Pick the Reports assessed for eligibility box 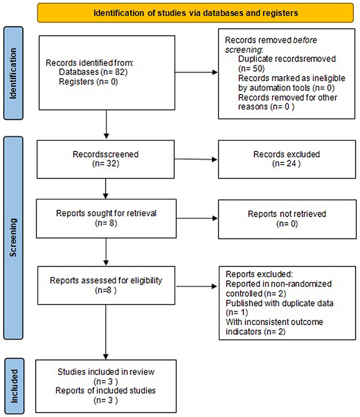tap(105, 285)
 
